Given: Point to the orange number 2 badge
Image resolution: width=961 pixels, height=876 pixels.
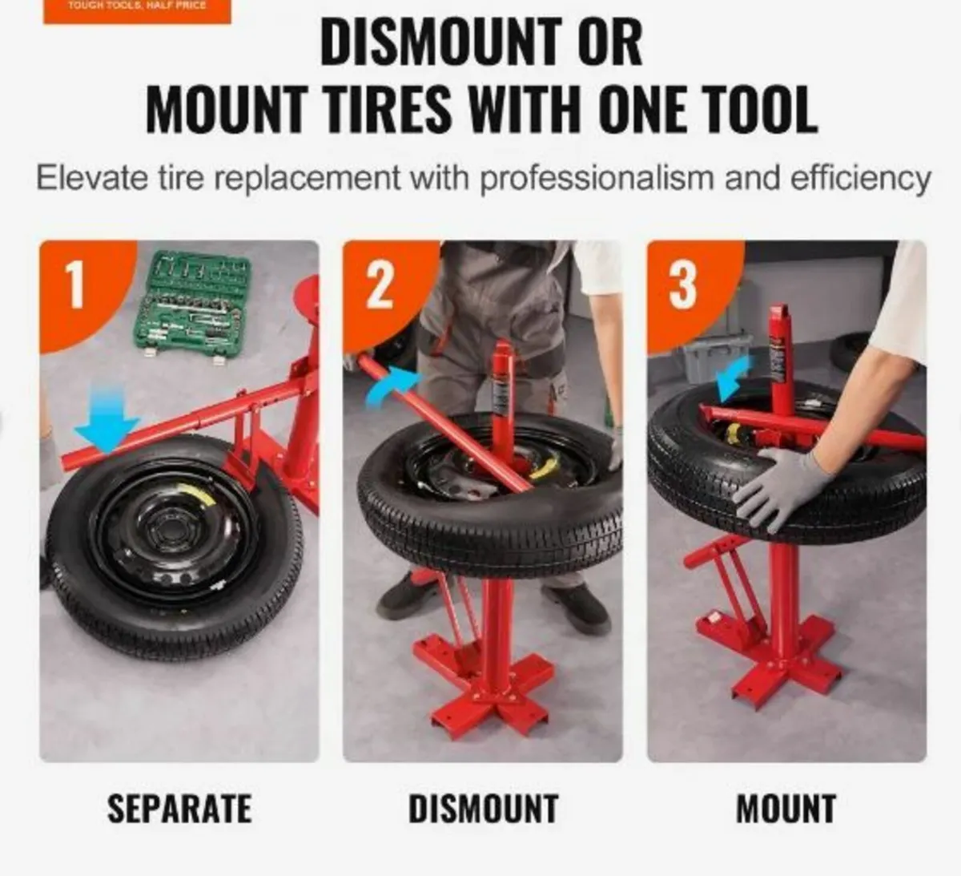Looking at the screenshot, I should click(379, 285).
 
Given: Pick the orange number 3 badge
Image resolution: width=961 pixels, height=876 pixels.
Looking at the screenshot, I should click(682, 285).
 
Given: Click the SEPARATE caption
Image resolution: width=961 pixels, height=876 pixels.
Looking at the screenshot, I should click(179, 808).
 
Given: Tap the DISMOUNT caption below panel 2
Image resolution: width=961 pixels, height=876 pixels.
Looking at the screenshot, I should click(483, 808).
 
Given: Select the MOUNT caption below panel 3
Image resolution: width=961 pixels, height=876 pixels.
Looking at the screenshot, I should click(786, 808).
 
